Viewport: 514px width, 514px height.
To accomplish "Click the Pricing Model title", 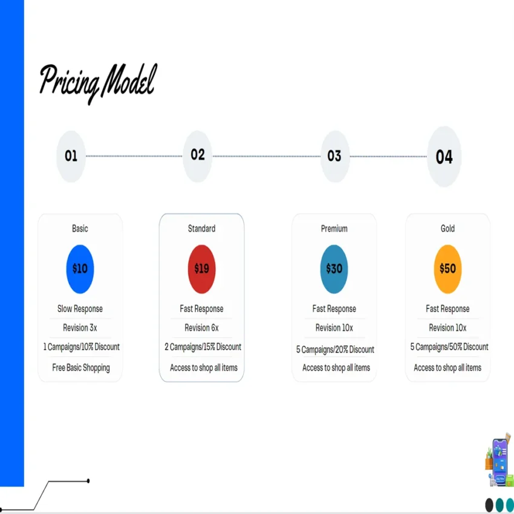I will pyautogui.click(x=97, y=81).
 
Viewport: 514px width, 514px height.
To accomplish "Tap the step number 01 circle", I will pyautogui.click(x=71, y=156).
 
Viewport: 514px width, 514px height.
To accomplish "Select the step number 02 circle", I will pyautogui.click(x=198, y=155).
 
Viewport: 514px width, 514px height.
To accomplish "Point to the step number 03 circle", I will pyautogui.click(x=334, y=156).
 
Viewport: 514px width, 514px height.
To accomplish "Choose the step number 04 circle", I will pyautogui.click(x=444, y=157).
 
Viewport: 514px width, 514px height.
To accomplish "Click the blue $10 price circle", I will pyautogui.click(x=80, y=268).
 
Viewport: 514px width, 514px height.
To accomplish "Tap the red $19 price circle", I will pyautogui.click(x=201, y=268).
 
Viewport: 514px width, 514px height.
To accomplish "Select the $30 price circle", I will pyautogui.click(x=334, y=268).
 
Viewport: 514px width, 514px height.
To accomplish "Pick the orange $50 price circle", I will pyautogui.click(x=447, y=268).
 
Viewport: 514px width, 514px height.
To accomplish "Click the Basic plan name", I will pyautogui.click(x=80, y=229).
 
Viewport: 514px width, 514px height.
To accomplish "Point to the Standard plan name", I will pyautogui.click(x=201, y=229).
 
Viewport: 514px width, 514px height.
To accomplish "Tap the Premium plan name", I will pyautogui.click(x=334, y=229).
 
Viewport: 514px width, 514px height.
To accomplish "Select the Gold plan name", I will pyautogui.click(x=447, y=229).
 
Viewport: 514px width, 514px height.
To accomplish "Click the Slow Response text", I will pyautogui.click(x=80, y=309).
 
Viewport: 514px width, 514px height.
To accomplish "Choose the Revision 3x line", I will pyautogui.click(x=80, y=328).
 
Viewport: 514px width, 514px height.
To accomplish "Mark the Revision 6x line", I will pyautogui.click(x=201, y=328).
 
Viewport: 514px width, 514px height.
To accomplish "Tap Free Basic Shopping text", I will pyautogui.click(x=80, y=368).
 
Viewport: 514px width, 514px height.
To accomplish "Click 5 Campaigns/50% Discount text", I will pyautogui.click(x=449, y=347).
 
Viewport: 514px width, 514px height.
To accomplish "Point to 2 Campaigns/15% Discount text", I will pyautogui.click(x=203, y=347).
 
